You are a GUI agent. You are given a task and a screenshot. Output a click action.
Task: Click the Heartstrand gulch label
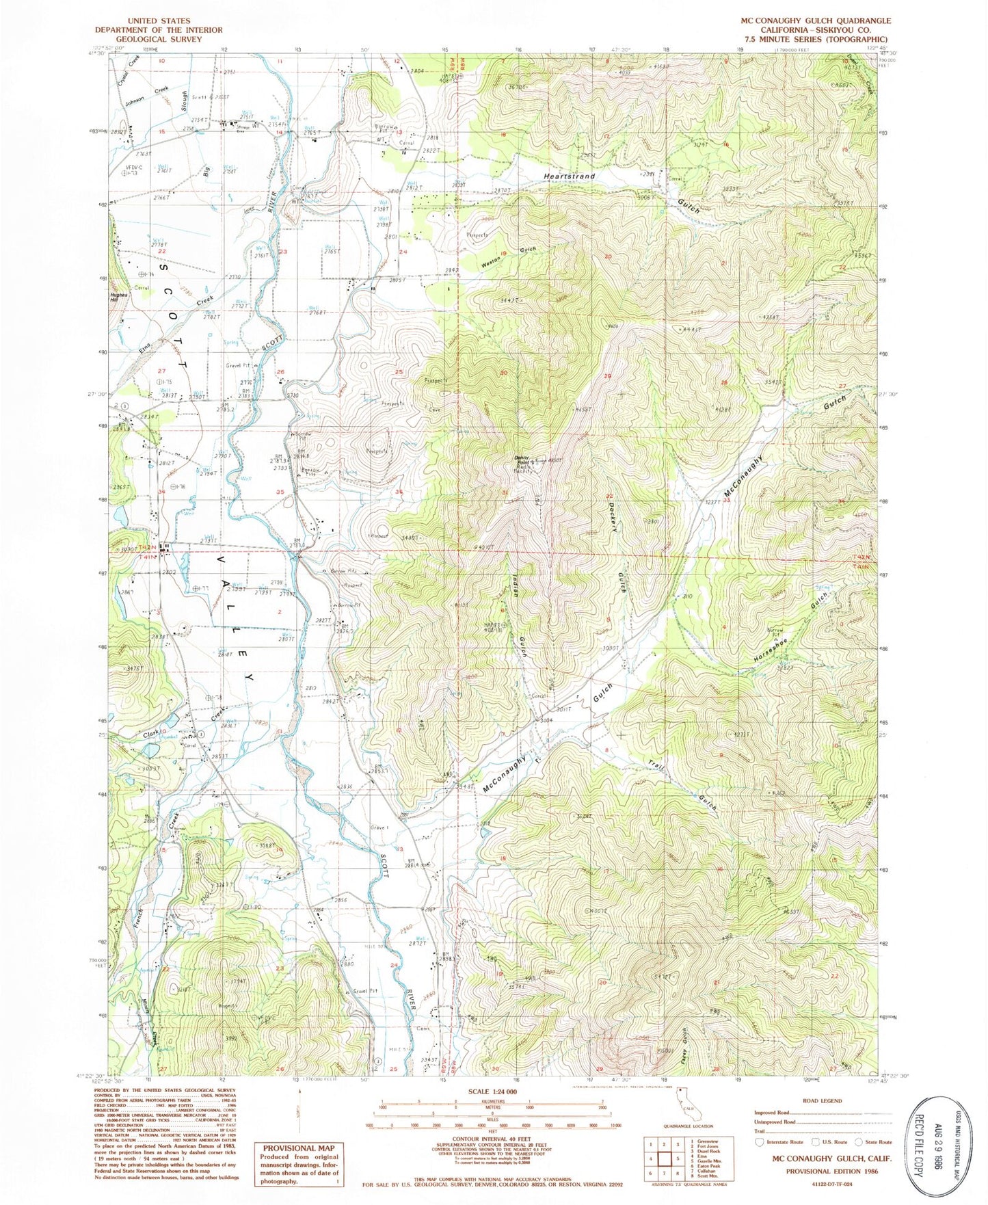[x=569, y=176]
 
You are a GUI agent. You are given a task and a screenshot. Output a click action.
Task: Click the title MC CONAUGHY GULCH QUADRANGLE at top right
[x=816, y=21]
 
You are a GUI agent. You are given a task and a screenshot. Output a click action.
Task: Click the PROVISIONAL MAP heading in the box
[x=298, y=1148]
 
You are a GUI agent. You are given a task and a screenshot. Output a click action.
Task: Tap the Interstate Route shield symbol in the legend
[x=759, y=1141]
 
